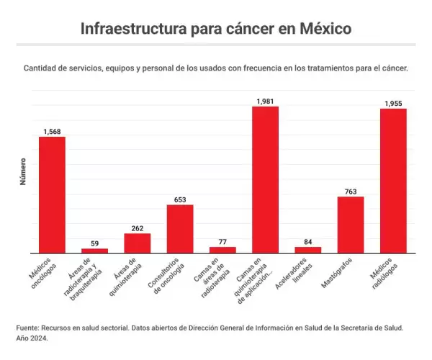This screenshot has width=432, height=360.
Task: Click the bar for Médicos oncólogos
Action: pos(52,194)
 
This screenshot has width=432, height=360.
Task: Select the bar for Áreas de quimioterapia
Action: pos(137,243)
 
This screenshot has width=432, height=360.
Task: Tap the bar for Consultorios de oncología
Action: pos(180,229)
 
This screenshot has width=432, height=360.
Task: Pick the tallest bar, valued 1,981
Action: pos(265,180)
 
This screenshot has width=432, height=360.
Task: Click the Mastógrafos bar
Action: pos(351,225)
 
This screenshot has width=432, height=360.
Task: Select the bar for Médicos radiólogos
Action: pos(393,181)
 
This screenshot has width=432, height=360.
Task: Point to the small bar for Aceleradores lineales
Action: pos(308,250)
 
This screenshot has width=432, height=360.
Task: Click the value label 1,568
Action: pos(52,132)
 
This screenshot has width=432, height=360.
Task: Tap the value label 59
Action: pos(94,243)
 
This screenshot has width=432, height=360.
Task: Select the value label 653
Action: pos(180,199)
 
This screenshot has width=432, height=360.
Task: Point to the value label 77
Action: pos(222,242)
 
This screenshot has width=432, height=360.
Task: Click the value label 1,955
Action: pos(393,104)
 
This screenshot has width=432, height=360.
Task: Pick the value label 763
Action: pos(351,192)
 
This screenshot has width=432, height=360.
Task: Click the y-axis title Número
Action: pos(22,171)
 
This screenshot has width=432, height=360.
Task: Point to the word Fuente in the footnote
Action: pos(28,327)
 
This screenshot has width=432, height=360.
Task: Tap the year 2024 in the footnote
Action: pos(38,338)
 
